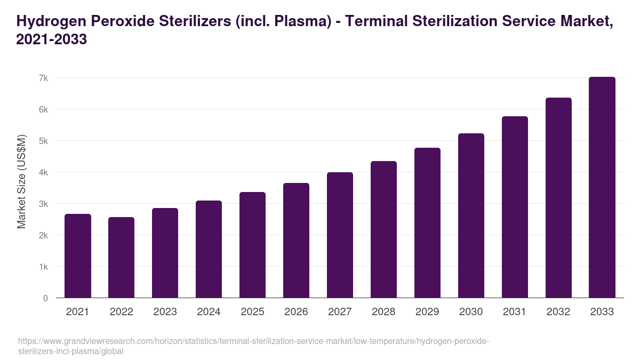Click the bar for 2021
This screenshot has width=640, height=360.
coord(78,256)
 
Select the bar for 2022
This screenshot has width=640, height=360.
coord(122,258)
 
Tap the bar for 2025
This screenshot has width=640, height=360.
coord(252,245)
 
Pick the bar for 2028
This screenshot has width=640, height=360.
coord(383,229)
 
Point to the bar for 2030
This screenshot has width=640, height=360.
coord(471,215)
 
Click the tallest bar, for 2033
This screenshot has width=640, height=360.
coord(602,187)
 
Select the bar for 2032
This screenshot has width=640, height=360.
coord(558,198)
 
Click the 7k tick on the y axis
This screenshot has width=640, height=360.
coord(43,78)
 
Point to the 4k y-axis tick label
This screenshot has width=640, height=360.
coord(43,172)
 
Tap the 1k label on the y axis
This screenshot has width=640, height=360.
coord(43,267)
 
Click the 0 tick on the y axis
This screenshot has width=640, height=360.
coord(45,298)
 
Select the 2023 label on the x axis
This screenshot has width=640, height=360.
coord(165,312)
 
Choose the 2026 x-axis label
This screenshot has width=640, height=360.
coord(296,312)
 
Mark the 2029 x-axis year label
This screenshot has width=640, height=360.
coord(427,312)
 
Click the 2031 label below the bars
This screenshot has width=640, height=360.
coord(515,312)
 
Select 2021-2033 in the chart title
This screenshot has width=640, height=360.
coord(52,39)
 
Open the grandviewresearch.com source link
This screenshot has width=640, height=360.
coord(253,346)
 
